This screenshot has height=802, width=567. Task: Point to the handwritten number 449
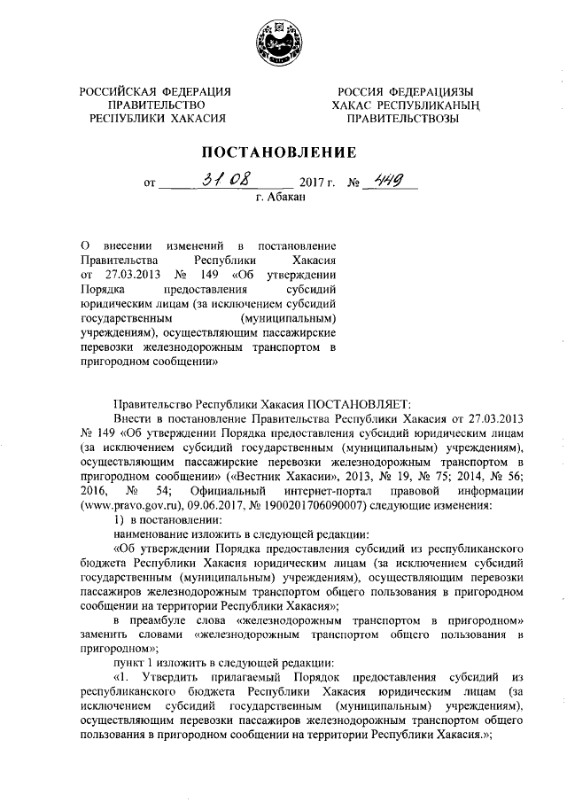pyautogui.click(x=386, y=181)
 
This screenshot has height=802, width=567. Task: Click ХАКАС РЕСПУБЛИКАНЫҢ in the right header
pyautogui.click(x=403, y=105)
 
